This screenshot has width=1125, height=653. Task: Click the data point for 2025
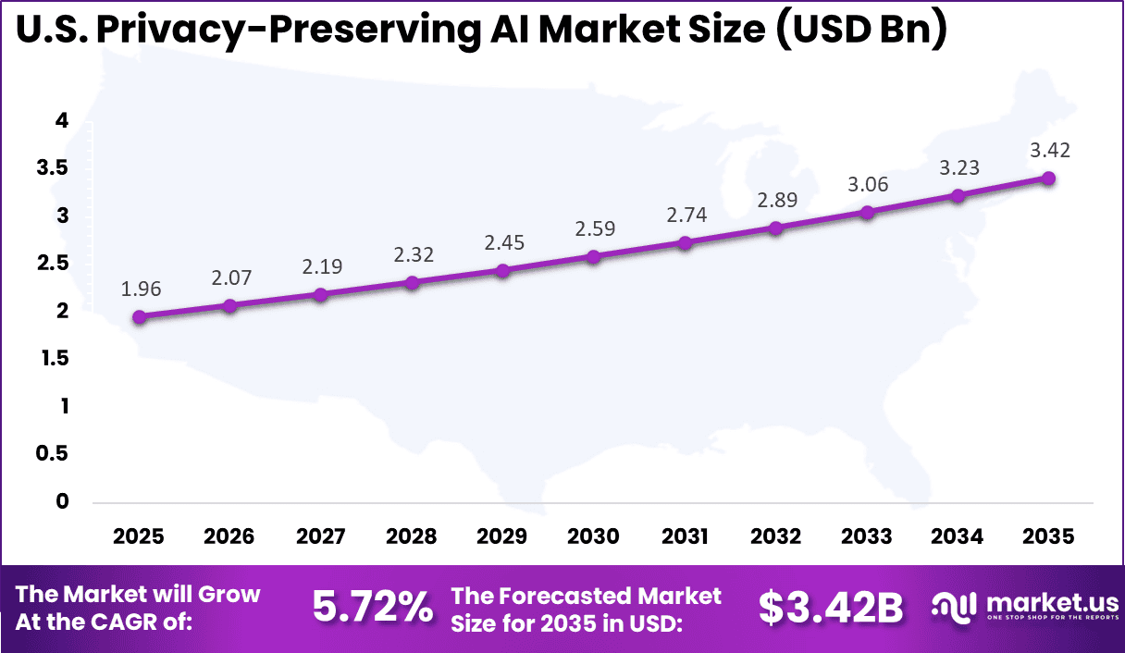(x=140, y=317)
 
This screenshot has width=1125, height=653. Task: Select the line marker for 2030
(x=594, y=256)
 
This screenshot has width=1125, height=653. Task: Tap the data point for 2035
(x=1049, y=178)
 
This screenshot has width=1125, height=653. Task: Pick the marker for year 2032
(x=776, y=228)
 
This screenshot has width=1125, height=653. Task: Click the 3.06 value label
(x=867, y=184)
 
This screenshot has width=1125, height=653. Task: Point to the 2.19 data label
(x=322, y=266)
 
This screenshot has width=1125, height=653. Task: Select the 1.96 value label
(x=140, y=289)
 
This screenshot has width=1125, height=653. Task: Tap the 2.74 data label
(x=686, y=215)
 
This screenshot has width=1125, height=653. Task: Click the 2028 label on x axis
(x=412, y=537)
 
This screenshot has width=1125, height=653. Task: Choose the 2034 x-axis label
(x=958, y=537)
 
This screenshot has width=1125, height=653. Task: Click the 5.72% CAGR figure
(x=372, y=608)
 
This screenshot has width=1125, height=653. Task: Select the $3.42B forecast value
(x=831, y=608)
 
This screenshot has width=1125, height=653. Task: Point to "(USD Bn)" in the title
(x=855, y=30)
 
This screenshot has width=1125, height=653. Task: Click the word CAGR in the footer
(x=157, y=622)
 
